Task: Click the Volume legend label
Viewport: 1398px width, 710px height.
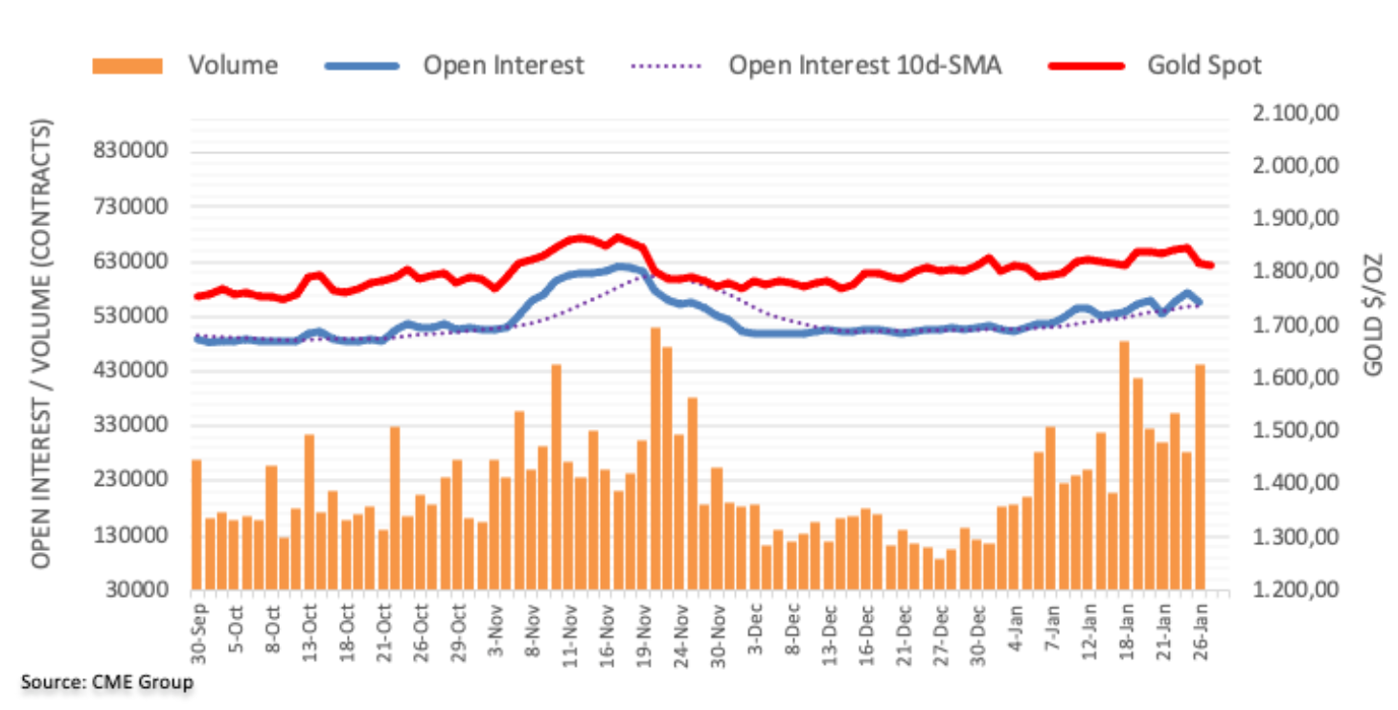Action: tap(233, 65)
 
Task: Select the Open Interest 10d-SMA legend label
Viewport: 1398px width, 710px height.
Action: tap(864, 65)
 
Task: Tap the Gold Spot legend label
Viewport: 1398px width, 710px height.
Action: tap(1203, 65)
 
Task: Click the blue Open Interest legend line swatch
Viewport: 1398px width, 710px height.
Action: tap(362, 65)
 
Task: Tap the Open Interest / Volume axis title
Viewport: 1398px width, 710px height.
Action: tap(41, 343)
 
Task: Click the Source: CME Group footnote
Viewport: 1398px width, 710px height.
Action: tap(106, 682)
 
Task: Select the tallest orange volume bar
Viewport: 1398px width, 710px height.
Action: tap(655, 458)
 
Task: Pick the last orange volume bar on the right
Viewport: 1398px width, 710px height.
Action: tap(1199, 476)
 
